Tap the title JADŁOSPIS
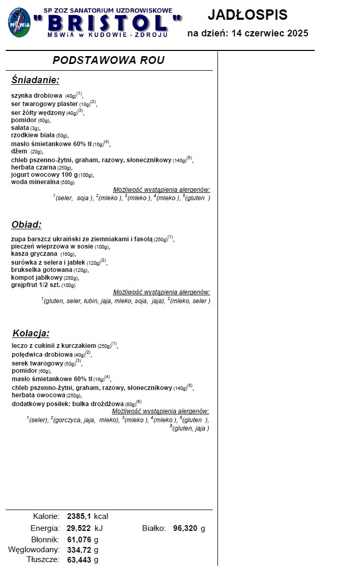247,15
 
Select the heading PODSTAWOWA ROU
109,60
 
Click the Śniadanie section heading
35,80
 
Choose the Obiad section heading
26,225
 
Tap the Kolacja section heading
31,333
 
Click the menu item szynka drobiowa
37,96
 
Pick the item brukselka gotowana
42,270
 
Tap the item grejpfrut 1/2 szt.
36,285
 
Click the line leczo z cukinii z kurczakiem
54,345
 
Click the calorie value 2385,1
79,516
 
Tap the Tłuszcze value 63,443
79,560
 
